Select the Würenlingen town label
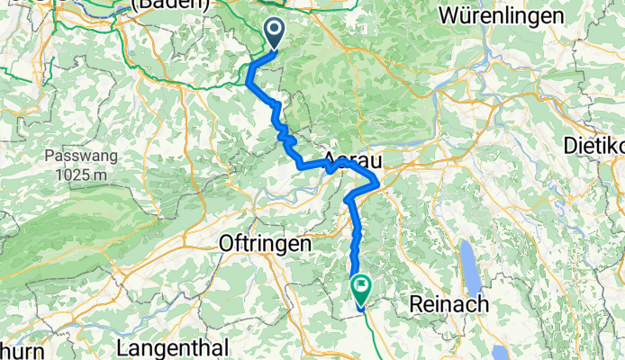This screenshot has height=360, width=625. (x=501, y=15)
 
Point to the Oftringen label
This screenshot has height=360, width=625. (x=266, y=244)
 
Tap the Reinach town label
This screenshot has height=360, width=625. (x=448, y=305)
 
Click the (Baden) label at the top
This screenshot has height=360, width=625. (x=170, y=5)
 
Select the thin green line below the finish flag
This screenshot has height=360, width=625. (x=369, y=333)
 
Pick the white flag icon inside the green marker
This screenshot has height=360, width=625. (x=361, y=288)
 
